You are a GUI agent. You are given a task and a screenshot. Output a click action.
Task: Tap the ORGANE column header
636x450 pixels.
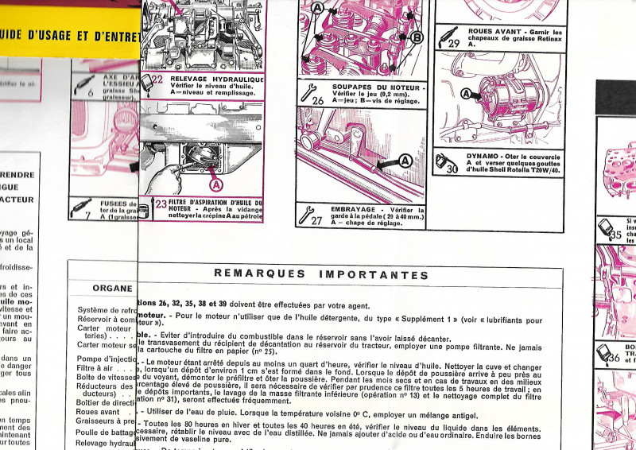tap(112, 288)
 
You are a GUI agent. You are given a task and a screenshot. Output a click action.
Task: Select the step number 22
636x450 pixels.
tap(157, 80)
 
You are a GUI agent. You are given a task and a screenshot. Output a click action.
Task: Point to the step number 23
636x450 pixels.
tap(161, 204)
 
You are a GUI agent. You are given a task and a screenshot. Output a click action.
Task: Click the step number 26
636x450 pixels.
tap(317, 101)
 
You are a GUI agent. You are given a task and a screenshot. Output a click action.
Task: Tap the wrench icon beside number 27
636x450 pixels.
tap(306, 213)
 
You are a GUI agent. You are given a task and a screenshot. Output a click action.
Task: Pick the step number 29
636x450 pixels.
tap(454, 44)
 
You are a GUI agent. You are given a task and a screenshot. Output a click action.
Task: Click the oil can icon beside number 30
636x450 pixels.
tap(444, 162)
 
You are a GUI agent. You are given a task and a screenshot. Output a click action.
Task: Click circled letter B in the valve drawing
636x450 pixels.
tap(417, 37)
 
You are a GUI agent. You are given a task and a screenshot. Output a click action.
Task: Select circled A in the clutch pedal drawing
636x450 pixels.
tap(405, 161)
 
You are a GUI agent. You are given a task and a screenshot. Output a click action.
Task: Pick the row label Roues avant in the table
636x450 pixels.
tap(98, 412)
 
